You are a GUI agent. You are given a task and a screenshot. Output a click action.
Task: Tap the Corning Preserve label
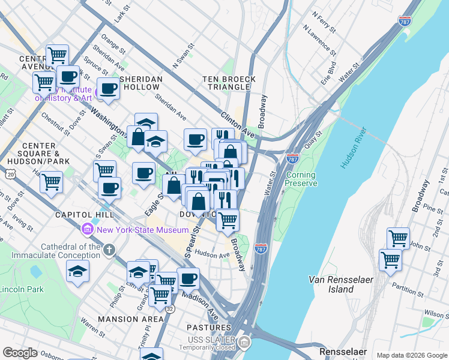[x=301, y=179]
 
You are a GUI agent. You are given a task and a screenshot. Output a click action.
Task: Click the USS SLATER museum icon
[x=244, y=343]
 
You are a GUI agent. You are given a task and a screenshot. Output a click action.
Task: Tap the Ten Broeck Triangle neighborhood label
[x=229, y=83]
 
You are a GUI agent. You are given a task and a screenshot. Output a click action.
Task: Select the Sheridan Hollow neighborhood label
[x=142, y=83]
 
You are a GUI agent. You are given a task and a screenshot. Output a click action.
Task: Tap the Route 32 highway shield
[x=170, y=309]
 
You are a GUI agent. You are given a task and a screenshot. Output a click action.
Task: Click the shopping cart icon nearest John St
[x=398, y=238]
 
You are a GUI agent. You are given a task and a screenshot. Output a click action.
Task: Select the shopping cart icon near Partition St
[x=390, y=260]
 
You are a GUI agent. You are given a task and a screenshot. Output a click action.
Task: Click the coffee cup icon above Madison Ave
[x=188, y=278]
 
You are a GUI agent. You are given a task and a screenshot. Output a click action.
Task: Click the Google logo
[x=20, y=353]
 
